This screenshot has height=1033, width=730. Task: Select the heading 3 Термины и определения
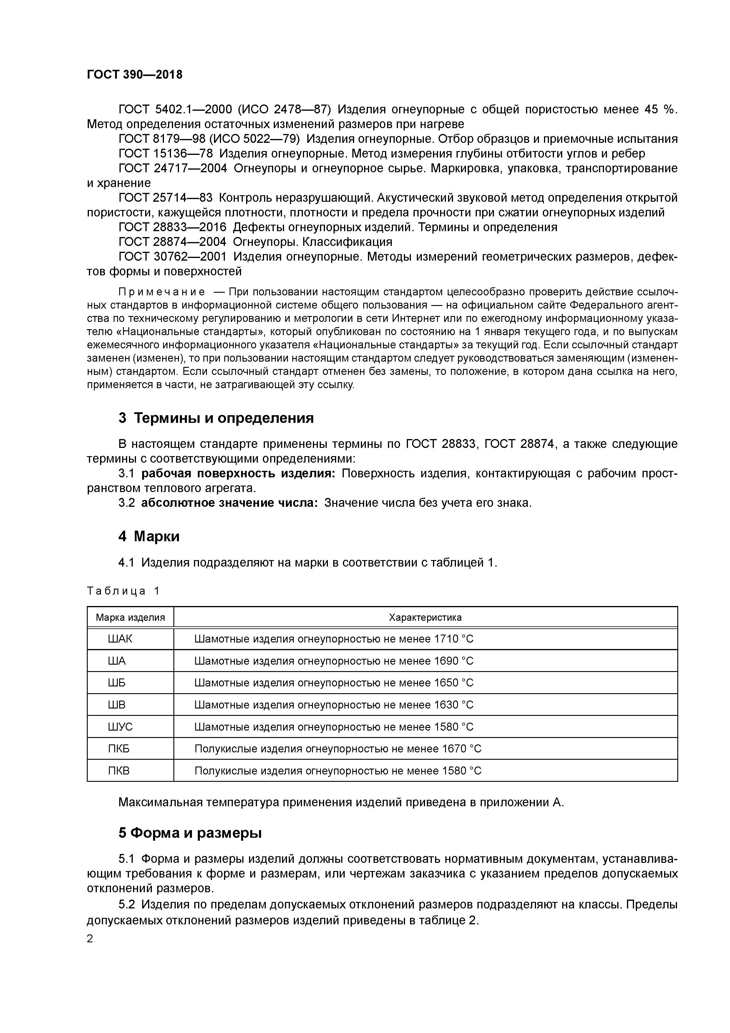(x=216, y=418)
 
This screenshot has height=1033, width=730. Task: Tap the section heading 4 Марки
(x=149, y=536)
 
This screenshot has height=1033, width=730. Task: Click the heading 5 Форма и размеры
(x=190, y=833)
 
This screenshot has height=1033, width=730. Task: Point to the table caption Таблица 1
(x=123, y=591)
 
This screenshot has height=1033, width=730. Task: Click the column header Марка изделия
(x=130, y=617)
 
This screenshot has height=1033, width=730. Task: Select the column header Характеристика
(x=425, y=617)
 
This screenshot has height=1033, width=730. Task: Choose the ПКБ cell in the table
(x=118, y=749)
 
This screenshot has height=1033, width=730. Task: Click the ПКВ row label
(x=118, y=771)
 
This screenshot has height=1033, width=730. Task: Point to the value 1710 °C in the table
(x=453, y=639)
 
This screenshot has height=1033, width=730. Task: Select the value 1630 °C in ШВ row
(x=453, y=705)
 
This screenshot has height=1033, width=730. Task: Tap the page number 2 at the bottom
(x=90, y=939)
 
